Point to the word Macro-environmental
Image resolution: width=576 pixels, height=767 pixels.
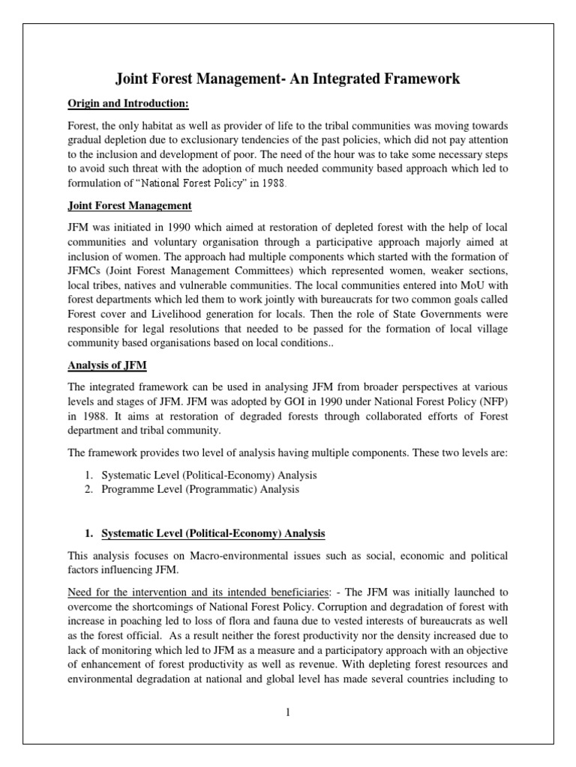click(221, 556)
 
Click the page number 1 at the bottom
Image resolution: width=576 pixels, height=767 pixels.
click(287, 712)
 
